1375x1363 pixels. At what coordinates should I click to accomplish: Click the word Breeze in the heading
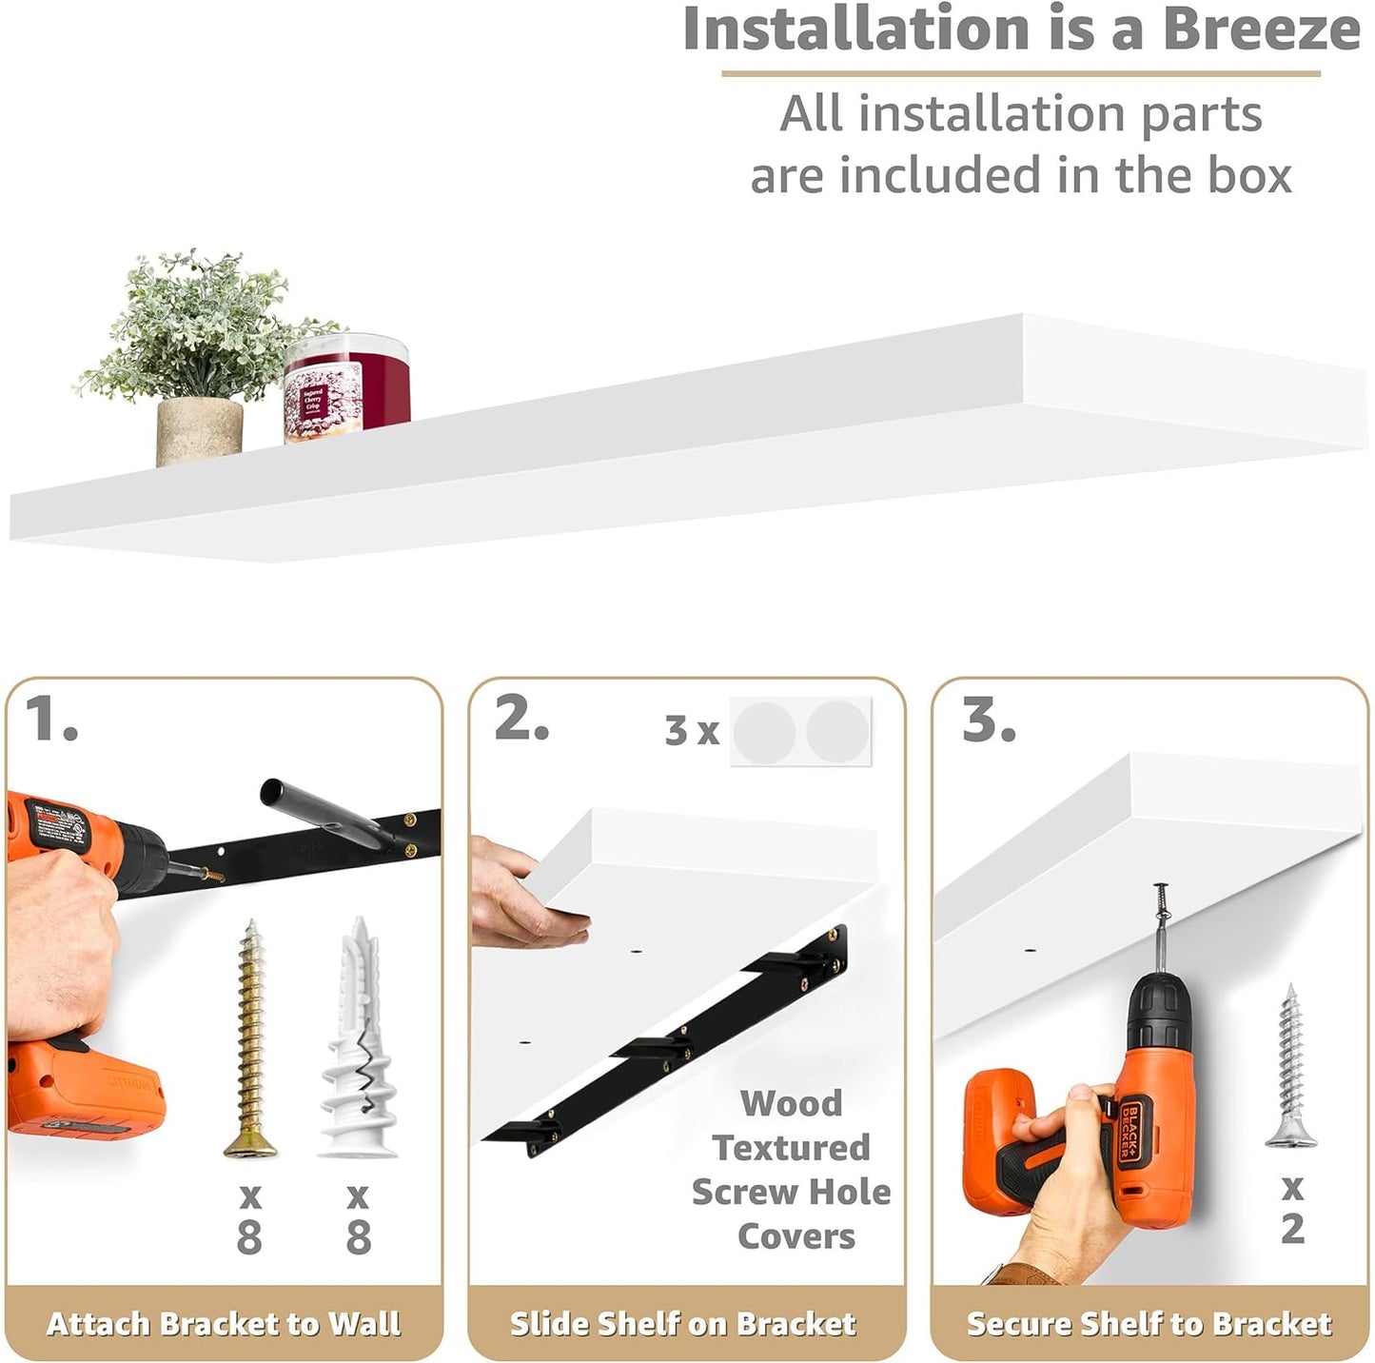1261,30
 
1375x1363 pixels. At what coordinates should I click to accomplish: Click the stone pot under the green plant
199,431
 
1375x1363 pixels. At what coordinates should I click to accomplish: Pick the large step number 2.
521,719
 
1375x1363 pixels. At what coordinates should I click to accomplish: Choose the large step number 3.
989,719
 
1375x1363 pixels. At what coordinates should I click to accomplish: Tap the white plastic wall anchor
358,1037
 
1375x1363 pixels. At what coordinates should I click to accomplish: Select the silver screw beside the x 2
1291,1066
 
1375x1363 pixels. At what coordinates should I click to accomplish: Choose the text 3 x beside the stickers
692,730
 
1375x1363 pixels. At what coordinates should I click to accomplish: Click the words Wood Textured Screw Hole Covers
792,1170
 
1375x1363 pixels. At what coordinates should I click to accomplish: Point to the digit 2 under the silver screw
1292,1229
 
